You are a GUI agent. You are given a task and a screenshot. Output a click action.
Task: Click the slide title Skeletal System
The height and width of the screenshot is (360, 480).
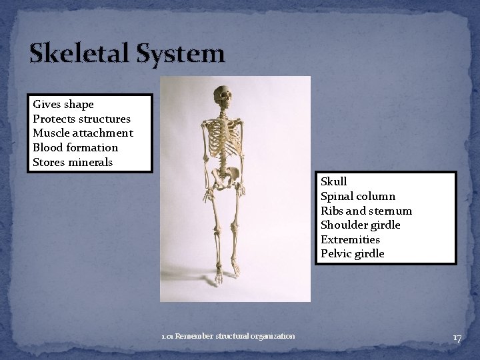127,53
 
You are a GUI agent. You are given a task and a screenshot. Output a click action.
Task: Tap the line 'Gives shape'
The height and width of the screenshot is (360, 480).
63,105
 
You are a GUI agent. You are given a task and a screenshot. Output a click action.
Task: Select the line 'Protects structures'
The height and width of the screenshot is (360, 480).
81,119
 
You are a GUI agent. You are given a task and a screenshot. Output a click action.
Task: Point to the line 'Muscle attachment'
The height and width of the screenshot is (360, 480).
83,133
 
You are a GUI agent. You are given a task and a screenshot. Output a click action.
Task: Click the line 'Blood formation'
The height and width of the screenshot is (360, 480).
75,148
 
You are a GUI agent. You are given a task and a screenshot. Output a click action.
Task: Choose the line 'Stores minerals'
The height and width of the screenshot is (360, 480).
73,163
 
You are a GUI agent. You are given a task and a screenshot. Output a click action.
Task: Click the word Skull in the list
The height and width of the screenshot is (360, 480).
334,182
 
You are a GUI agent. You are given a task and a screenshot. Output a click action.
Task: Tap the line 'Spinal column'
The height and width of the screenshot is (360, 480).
358,197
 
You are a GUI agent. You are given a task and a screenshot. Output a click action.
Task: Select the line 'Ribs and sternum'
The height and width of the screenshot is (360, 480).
366,211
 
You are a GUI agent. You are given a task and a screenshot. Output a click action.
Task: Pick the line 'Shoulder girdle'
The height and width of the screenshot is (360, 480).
361,225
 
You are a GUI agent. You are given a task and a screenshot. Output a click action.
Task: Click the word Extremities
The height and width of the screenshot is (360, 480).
350,240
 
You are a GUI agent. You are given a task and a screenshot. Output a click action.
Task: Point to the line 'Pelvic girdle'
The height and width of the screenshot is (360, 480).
353,254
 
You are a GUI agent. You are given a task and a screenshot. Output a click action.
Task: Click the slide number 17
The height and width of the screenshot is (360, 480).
457,338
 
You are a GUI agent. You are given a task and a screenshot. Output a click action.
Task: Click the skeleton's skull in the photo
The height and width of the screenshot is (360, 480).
224,97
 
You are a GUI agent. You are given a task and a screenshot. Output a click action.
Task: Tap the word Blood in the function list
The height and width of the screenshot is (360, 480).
47,148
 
